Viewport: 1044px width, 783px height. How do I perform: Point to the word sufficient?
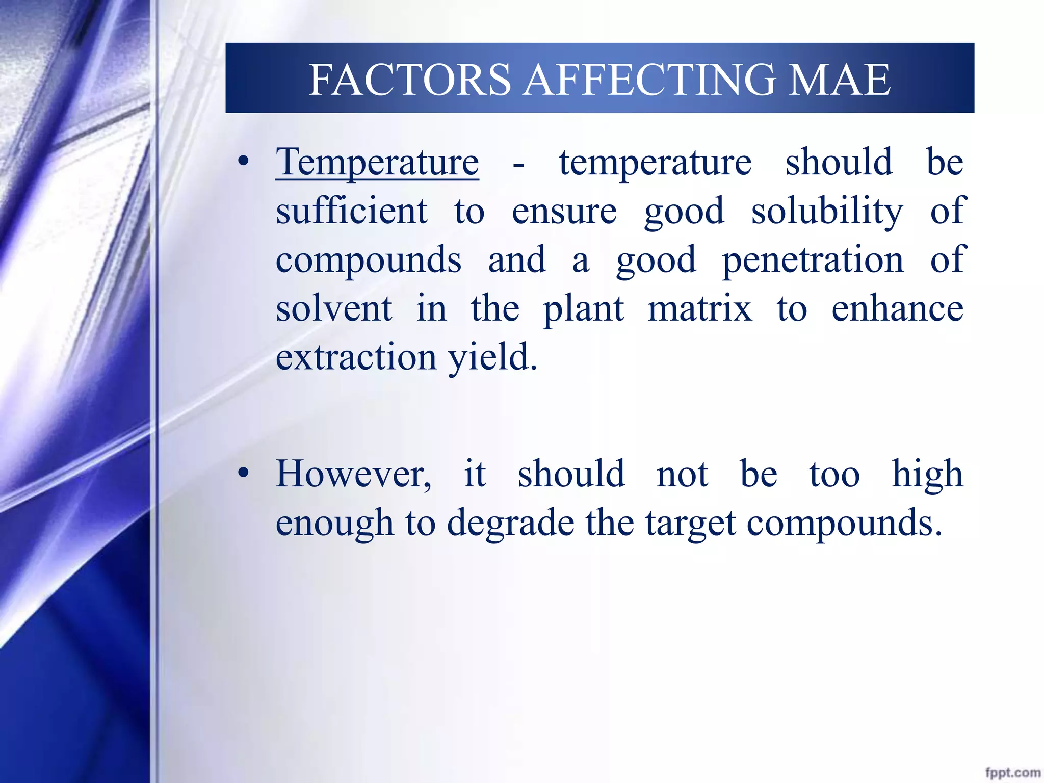click(351, 211)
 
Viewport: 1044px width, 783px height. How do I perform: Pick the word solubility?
click(827, 211)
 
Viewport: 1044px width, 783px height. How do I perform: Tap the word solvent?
click(334, 309)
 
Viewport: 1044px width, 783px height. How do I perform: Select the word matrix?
click(699, 309)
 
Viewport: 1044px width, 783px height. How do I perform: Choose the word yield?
click(492, 358)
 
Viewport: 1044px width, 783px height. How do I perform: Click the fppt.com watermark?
click(1012, 773)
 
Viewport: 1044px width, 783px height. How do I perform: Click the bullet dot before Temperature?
click(244, 162)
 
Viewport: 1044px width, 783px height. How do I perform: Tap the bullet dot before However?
click(244, 474)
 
